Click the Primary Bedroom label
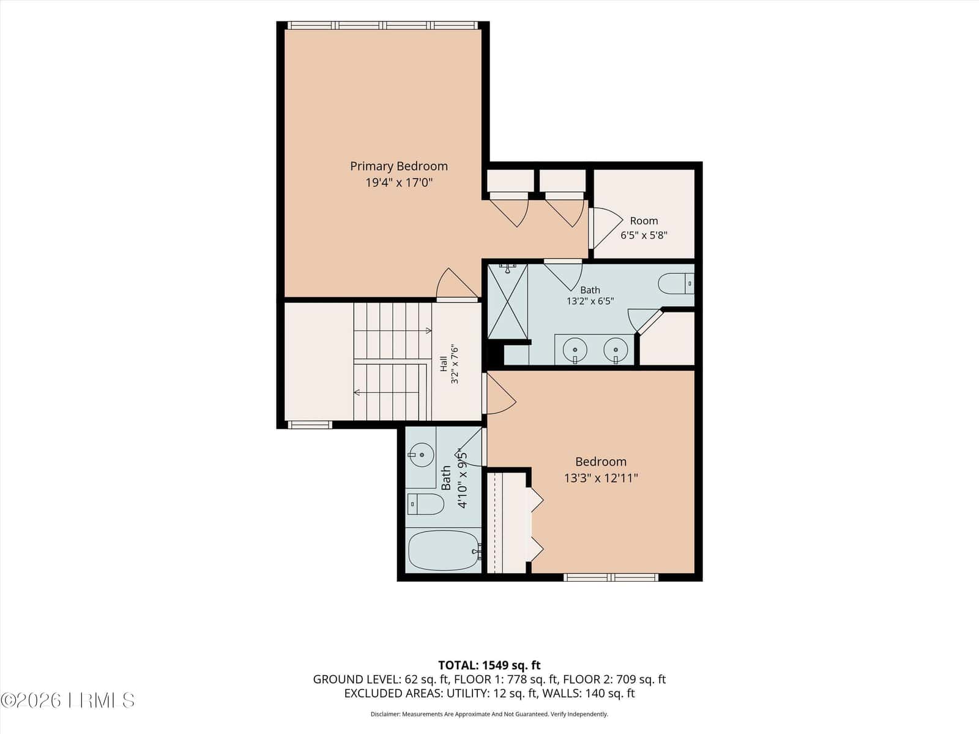[399, 166]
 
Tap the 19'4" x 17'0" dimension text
[399, 183]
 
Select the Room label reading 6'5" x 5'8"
[644, 228]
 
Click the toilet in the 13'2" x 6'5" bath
[676, 283]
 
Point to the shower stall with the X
[508, 302]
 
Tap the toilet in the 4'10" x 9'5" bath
[425, 504]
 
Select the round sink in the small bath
[421, 454]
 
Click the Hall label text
[444, 363]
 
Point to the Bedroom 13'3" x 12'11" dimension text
[601, 478]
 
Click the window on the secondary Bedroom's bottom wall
[611, 577]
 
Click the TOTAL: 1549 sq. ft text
[489, 665]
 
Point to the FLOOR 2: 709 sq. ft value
[614, 680]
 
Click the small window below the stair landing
[310, 424]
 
